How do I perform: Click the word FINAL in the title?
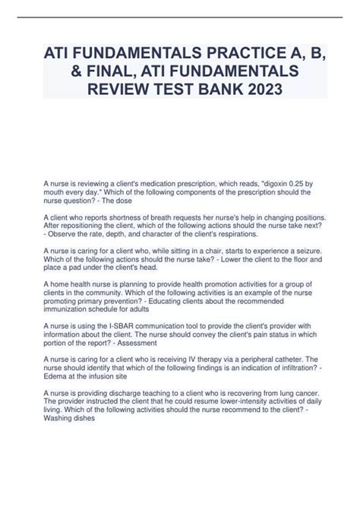103,74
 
